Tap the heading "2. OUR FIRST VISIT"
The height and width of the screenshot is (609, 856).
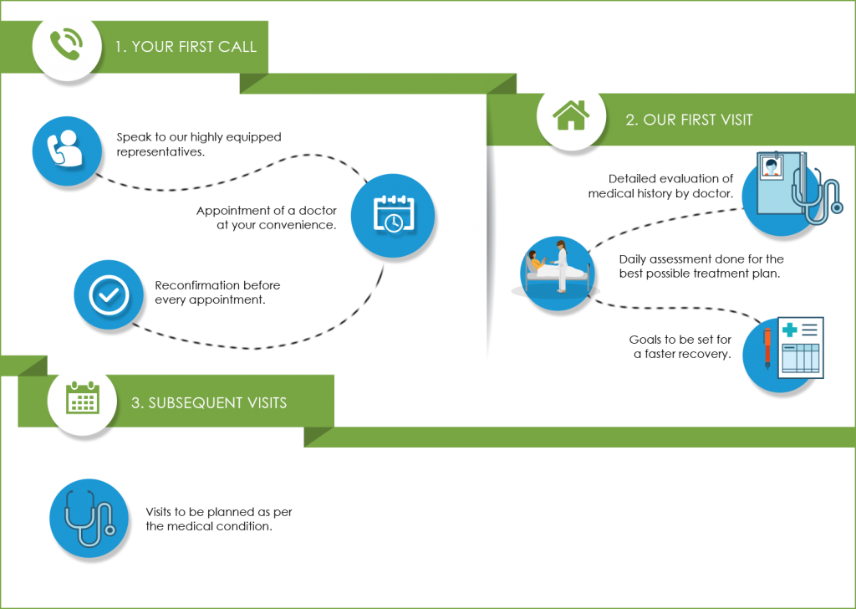tap(689, 120)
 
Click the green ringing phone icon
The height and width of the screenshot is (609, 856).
tap(65, 45)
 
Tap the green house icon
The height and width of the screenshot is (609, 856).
tap(572, 115)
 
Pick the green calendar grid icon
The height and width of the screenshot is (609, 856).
tap(83, 399)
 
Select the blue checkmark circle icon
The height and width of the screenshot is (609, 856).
tap(109, 294)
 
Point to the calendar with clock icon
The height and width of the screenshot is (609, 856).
tap(392, 214)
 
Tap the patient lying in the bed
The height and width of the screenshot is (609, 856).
tap(540, 266)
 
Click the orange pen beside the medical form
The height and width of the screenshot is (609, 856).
tap(767, 348)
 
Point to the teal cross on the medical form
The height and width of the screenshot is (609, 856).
tap(789, 330)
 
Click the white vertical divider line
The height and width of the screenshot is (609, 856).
tap(482, 234)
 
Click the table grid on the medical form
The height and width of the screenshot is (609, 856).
tap(800, 359)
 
